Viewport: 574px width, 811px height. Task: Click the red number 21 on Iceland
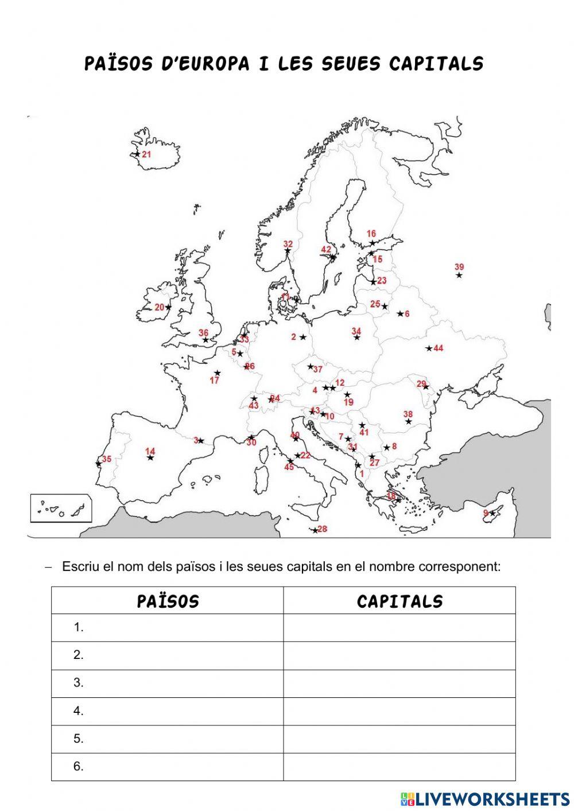146,154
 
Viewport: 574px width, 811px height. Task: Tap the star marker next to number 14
150,457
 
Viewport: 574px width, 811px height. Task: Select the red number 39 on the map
459,267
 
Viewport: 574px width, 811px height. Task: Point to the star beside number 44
429,348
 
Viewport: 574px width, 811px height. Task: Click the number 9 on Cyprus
486,513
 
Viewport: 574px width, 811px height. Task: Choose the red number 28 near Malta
323,529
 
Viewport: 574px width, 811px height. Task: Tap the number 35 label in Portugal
107,459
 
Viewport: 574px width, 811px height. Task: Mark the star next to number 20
168,307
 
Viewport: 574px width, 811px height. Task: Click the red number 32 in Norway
288,244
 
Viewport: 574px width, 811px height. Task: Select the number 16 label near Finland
371,234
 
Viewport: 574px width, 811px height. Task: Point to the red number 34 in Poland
356,331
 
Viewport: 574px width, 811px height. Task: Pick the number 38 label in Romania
408,414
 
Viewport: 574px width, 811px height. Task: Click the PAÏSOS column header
168,601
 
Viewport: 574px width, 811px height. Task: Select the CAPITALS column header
400,601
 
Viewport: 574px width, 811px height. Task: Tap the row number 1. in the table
79,628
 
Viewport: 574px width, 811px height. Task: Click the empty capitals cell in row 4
399,711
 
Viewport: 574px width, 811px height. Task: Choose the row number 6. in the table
79,766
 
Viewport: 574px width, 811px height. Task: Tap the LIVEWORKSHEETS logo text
492,798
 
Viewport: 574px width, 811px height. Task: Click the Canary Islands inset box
60,509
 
